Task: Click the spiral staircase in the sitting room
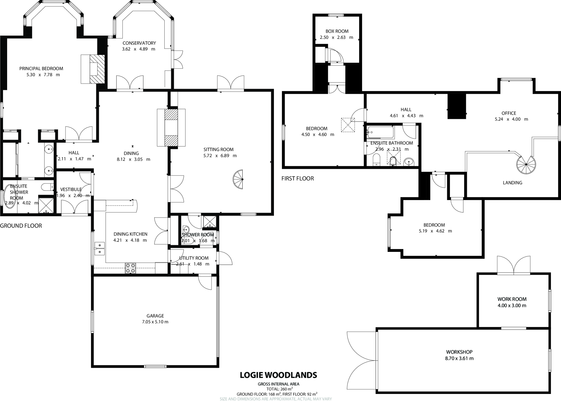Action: coord(238,180)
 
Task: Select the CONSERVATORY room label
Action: coord(139,43)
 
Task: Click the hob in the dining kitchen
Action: coord(130,268)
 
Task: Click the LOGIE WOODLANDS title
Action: coord(278,375)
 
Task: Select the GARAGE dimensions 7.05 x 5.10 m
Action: coord(155,322)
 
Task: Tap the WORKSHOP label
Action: coord(459,352)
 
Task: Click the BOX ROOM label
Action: coord(337,31)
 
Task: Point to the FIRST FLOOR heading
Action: coord(297,178)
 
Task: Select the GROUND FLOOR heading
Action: coord(21,226)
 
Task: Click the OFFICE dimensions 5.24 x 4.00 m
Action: coord(511,119)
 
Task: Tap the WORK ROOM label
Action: coord(512,299)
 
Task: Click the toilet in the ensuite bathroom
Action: coord(376,160)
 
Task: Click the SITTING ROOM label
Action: coord(218,149)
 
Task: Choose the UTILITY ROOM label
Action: coord(194,258)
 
